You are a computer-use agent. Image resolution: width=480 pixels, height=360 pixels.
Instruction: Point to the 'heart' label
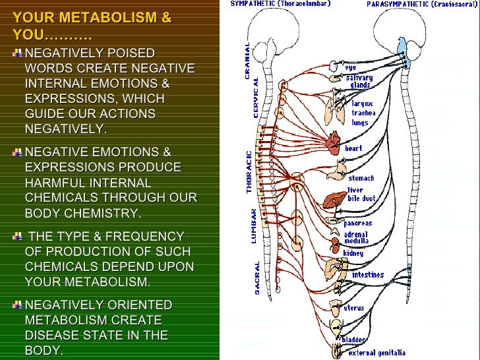point(355,149)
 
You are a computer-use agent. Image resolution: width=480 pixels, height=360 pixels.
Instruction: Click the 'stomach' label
point(361,178)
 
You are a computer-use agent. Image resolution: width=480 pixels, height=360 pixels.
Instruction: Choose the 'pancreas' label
point(357,223)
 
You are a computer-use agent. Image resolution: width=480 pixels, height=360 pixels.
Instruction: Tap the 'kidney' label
point(353,253)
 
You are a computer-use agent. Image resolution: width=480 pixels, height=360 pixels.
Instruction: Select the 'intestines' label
point(368,274)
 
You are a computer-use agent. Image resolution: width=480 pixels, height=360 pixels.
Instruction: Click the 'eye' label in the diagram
point(350,67)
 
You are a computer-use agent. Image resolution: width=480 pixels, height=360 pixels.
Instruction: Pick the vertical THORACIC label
point(249,172)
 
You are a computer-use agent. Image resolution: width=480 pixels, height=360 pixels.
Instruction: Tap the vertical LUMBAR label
point(253,227)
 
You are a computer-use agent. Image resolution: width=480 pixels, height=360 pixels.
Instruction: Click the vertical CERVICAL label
point(256,98)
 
